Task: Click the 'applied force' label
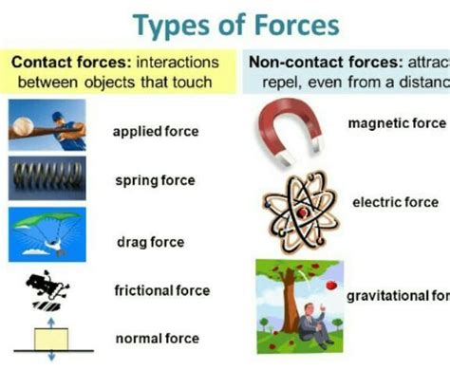point(156,131)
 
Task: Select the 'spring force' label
point(154,180)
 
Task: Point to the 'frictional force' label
point(161,290)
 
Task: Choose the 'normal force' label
point(157,338)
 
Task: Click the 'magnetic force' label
point(397,123)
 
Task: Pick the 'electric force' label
point(395,202)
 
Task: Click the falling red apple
point(330,284)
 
